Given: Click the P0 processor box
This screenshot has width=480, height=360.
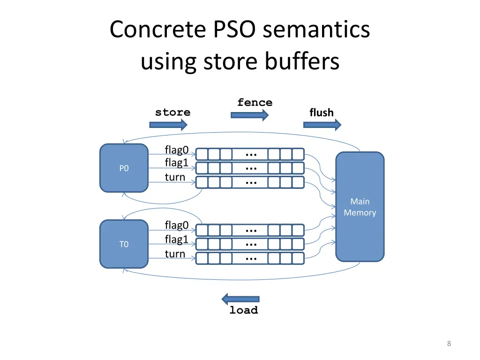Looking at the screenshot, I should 124,168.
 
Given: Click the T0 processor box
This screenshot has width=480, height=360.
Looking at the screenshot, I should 124,244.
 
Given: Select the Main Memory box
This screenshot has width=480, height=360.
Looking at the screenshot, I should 360,207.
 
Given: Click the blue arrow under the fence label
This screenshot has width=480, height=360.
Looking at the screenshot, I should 249,115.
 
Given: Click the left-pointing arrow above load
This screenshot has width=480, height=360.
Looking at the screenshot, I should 240,299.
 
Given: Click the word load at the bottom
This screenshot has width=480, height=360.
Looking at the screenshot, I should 244,310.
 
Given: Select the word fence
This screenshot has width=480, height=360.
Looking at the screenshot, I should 255,103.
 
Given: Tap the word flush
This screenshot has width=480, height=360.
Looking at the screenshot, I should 322,112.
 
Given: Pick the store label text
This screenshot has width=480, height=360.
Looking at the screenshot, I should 173,112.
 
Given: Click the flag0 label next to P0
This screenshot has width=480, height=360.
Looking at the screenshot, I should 177,150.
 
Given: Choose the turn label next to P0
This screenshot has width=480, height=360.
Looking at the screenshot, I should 175,177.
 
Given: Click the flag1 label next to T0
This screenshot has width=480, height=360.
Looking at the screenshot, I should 177,240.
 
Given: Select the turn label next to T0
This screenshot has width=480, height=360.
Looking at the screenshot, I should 175,254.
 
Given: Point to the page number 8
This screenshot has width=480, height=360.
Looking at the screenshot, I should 449,344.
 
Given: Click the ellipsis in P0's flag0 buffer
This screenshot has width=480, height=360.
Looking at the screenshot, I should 251,155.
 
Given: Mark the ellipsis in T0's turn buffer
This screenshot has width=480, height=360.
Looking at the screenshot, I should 251,258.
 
